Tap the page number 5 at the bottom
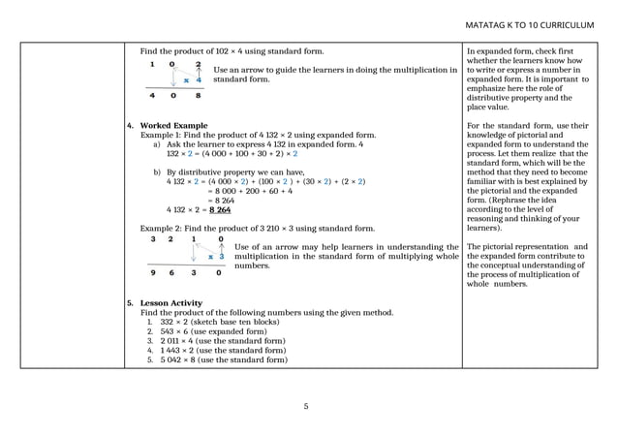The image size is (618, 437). pyautogui.click(x=307, y=406)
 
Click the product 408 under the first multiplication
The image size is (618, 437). pyautogui.click(x=175, y=96)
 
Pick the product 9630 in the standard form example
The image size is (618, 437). pyautogui.click(x=186, y=273)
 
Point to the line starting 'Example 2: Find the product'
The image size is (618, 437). pyautogui.click(x=257, y=228)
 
